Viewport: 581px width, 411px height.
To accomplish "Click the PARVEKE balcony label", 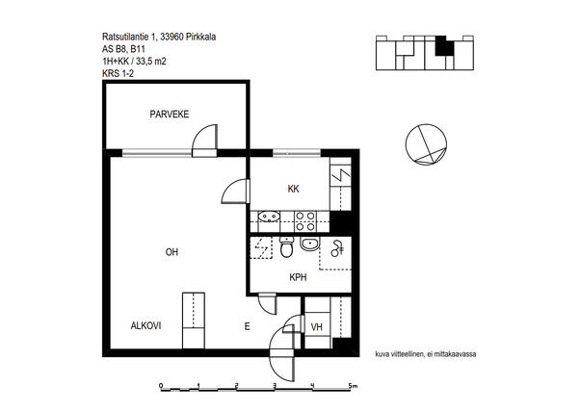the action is (170, 114).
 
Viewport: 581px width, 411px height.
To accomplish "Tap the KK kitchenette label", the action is (293, 189).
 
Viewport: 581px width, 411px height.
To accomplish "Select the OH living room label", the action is (172, 252).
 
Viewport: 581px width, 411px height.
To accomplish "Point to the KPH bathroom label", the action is (298, 277).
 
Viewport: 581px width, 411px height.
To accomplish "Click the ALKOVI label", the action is (146, 326).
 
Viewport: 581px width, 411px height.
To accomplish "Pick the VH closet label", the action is (316, 327).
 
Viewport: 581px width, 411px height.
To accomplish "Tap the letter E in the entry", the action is (248, 326).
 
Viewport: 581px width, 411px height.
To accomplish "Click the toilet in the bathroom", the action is (286, 247).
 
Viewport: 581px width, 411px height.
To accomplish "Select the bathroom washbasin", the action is (310, 244).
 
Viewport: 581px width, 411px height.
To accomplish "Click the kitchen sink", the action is (269, 216).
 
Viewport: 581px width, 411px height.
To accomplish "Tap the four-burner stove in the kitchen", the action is (305, 221).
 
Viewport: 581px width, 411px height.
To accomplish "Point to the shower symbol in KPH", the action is (337, 248).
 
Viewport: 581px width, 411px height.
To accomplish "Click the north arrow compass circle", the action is (426, 144).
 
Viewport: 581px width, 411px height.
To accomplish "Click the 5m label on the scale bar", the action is (353, 386).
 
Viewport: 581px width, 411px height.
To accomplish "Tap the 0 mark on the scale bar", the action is (161, 386).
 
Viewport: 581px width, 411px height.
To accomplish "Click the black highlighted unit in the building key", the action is (444, 46).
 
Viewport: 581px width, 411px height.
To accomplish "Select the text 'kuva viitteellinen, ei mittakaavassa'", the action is (426, 354).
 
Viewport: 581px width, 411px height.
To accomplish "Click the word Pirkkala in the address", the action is (201, 37).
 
